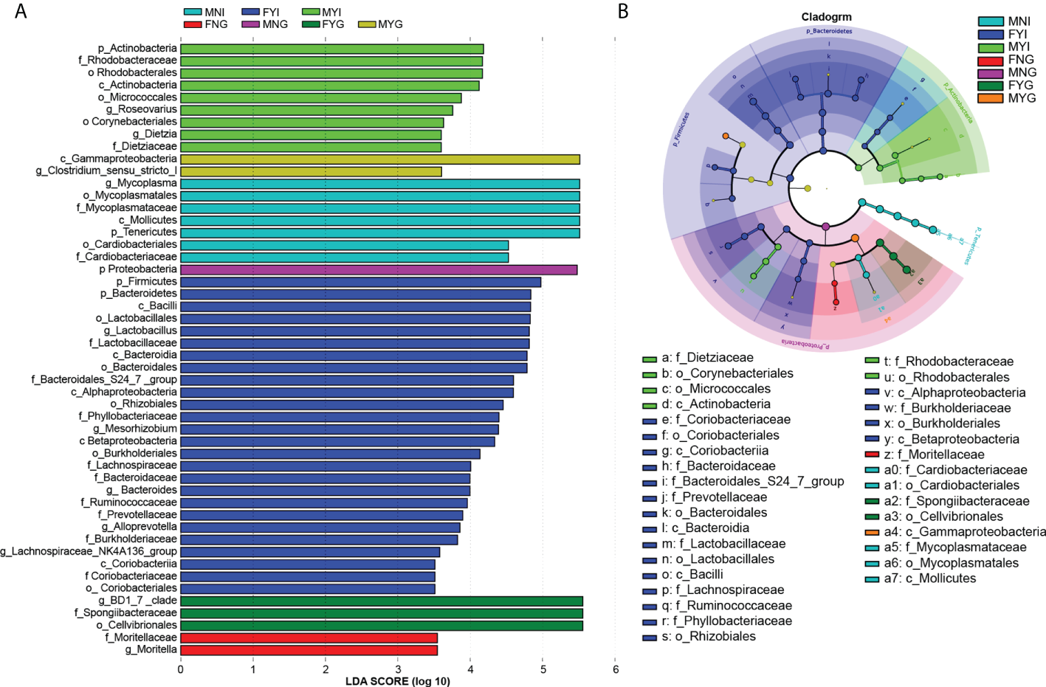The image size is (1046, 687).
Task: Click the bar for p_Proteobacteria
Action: point(379,269)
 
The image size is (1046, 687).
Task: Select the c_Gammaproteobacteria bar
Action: point(380,159)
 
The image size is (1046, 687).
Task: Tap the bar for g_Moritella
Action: point(309,650)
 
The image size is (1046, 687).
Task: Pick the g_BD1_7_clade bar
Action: point(382,601)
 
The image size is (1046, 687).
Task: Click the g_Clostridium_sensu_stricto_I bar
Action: point(311,171)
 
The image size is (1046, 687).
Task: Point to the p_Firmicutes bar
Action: point(360,282)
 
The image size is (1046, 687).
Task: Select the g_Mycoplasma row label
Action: point(141,183)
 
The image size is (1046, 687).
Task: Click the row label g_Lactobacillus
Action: point(140,331)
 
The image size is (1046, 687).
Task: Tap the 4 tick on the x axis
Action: point(471,669)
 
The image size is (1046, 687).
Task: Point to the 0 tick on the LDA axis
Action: point(181,669)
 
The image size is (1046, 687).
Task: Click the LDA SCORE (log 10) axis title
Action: point(397,681)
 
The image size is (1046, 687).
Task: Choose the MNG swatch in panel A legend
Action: point(251,24)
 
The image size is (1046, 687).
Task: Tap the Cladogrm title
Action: point(826,17)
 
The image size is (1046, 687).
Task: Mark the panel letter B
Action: point(623,11)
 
